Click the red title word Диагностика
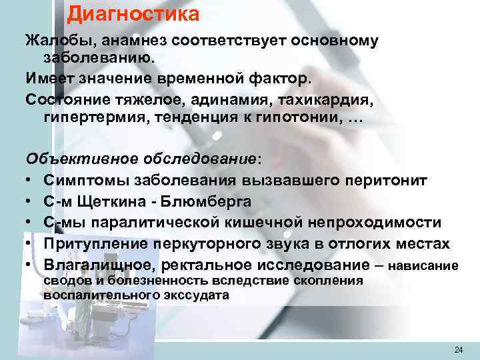(x=133, y=13)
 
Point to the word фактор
(x=277, y=81)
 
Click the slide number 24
(x=458, y=350)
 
